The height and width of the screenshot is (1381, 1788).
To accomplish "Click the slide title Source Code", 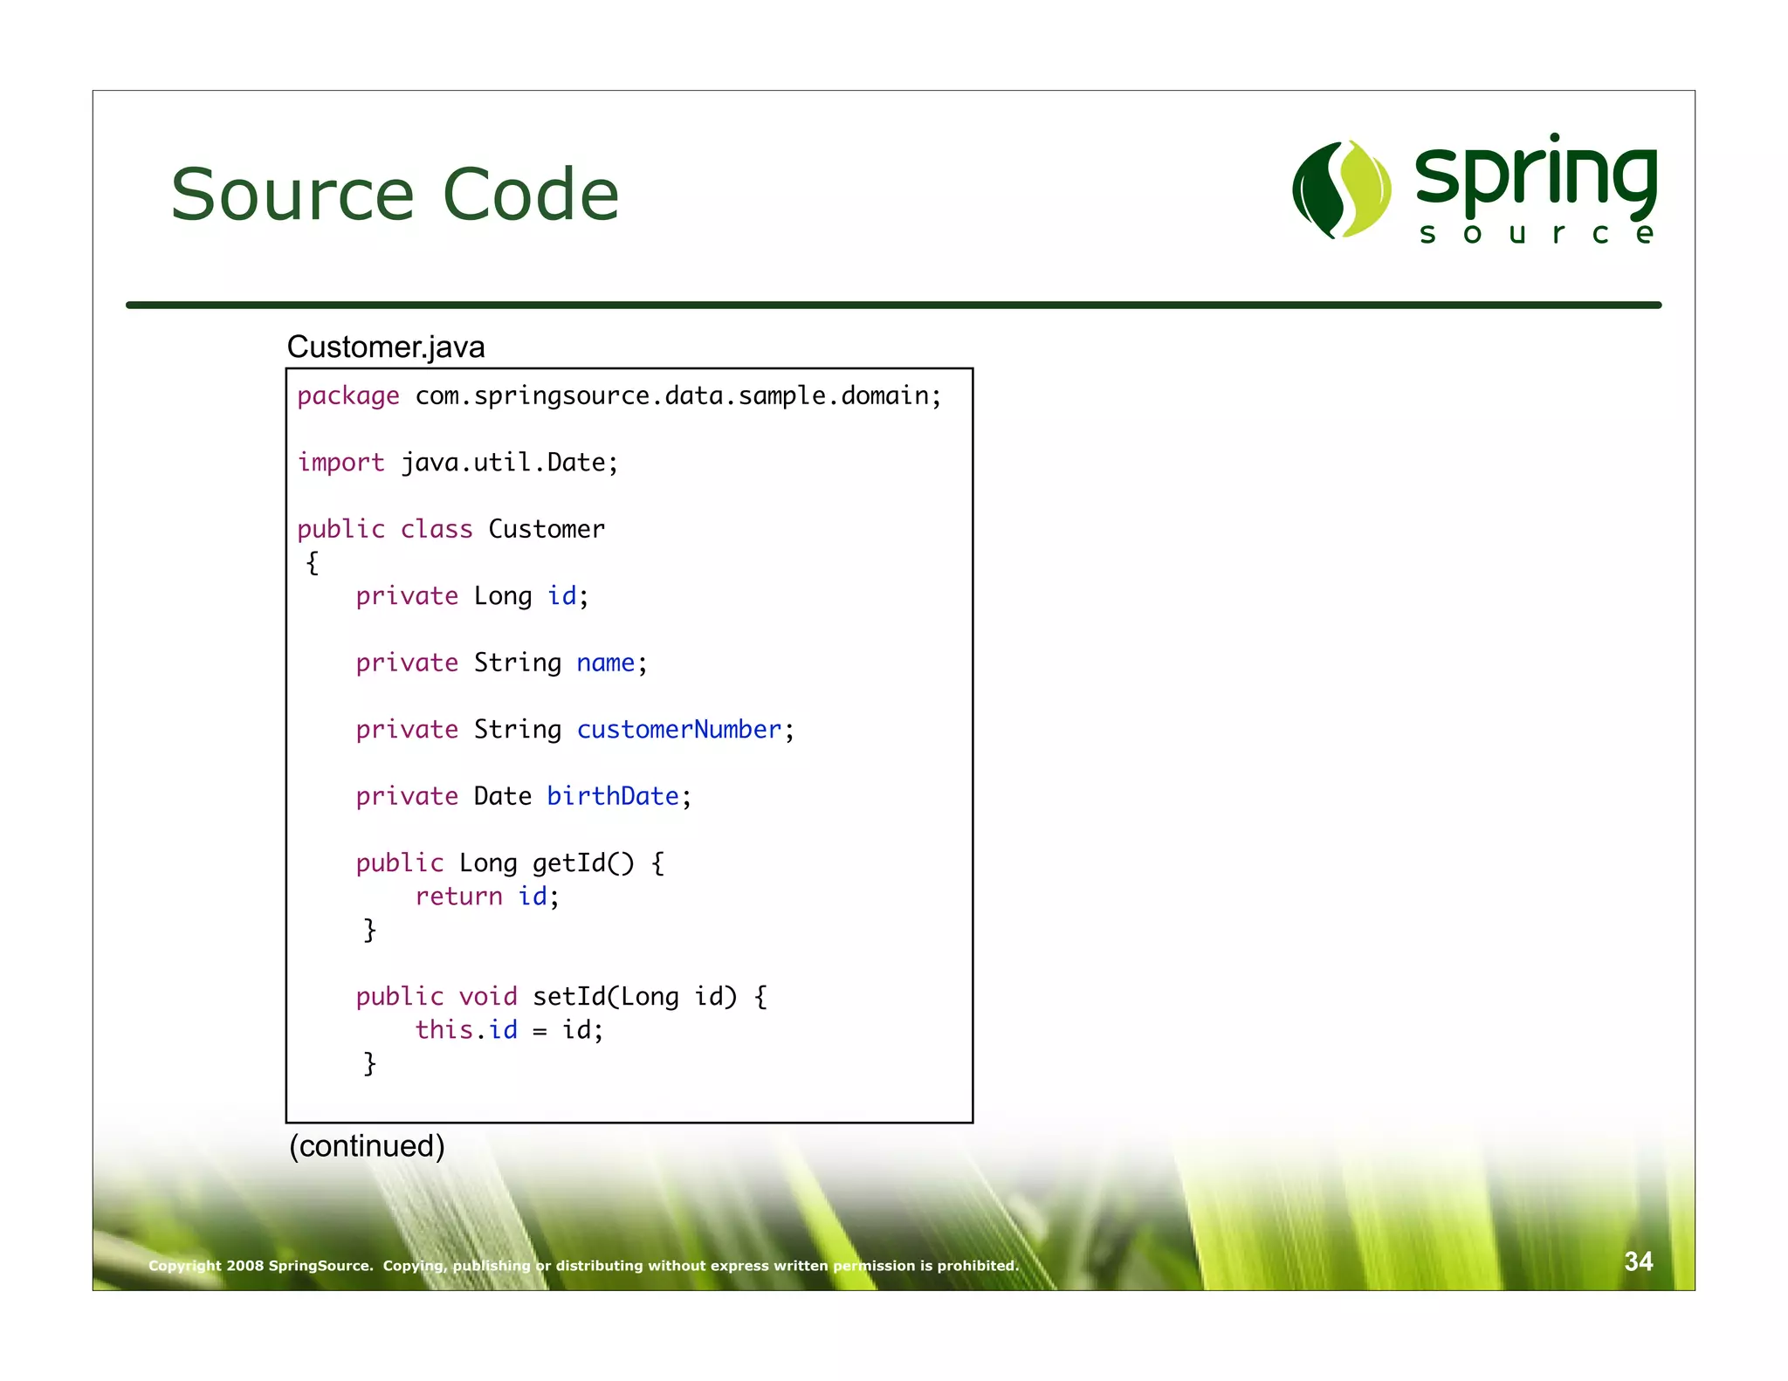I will pyautogui.click(x=395, y=194).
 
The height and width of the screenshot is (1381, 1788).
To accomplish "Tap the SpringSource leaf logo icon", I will pyautogui.click(x=1342, y=189).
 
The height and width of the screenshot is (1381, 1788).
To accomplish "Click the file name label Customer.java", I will pyautogui.click(x=385, y=347).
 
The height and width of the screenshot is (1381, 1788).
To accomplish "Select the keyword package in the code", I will pyautogui.click(x=347, y=396).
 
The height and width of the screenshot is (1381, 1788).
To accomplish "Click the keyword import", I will pyautogui.click(x=340, y=463).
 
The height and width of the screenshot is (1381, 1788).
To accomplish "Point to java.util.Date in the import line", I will pyautogui.click(x=508, y=463).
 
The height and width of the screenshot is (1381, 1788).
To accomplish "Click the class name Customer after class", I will pyautogui.click(x=546, y=529).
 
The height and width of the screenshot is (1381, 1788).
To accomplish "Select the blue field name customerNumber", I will pyautogui.click(x=678, y=730).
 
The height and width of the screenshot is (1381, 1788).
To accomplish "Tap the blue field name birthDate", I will pyautogui.click(x=612, y=796).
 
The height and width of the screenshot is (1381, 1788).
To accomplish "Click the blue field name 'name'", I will pyautogui.click(x=605, y=663).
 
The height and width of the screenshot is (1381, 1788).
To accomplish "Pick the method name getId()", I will pyautogui.click(x=582, y=863).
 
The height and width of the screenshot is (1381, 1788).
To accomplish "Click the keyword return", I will pyautogui.click(x=458, y=897).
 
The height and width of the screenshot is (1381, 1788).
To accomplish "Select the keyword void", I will pyautogui.click(x=488, y=997).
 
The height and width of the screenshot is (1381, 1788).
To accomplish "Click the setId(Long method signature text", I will pyautogui.click(x=605, y=997).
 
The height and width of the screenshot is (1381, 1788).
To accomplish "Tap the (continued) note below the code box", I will pyautogui.click(x=367, y=1145).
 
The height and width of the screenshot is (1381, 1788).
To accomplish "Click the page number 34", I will pyautogui.click(x=1638, y=1261).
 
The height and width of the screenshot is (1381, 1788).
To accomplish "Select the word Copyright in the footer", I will pyautogui.click(x=184, y=1266).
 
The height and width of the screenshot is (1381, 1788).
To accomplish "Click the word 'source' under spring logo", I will pyautogui.click(x=1536, y=234).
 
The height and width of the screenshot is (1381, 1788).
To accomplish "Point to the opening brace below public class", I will pyautogui.click(x=313, y=563).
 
